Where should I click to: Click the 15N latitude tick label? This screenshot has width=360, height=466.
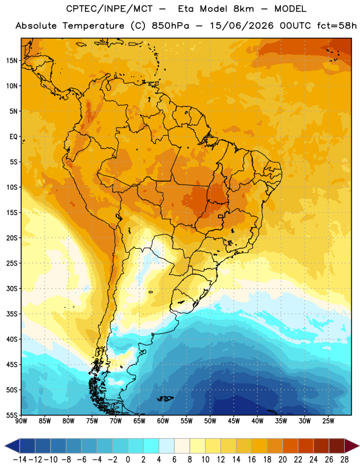point(12,61)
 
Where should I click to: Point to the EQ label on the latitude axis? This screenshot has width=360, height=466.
point(13,137)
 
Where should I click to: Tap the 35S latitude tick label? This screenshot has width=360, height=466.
point(12,314)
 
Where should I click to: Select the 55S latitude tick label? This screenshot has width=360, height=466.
point(12,415)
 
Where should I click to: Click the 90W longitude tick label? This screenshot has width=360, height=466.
point(22,421)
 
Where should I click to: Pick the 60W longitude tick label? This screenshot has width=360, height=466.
point(163,421)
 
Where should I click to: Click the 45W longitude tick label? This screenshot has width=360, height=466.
point(234,421)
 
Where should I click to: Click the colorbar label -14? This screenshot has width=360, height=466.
point(20,460)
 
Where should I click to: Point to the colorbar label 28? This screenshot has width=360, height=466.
point(344,460)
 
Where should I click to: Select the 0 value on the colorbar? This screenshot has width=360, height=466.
point(128,460)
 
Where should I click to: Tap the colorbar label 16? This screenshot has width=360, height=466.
point(252,460)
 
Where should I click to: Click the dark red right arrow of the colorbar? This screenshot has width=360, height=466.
point(351,446)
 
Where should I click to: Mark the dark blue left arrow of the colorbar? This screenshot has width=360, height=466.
point(12,446)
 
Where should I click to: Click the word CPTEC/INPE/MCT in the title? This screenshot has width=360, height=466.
point(110,9)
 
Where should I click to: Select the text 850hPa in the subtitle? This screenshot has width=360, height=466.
point(170,26)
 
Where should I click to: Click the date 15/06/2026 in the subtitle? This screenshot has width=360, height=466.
point(242,26)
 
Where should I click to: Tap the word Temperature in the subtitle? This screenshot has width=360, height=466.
point(93,26)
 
